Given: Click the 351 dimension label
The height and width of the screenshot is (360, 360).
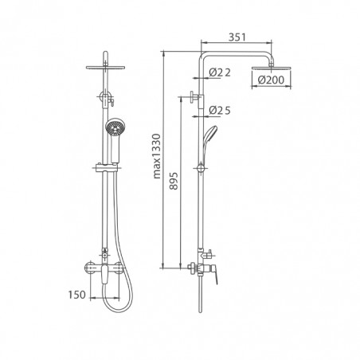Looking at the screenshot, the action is coord(237,37).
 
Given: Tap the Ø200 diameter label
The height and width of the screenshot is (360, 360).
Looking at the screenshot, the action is coord(271,80).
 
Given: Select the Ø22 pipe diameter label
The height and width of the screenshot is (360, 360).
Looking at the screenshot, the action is coord(220,72).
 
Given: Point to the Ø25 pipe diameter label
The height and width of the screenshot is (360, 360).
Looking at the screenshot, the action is coord(220,111).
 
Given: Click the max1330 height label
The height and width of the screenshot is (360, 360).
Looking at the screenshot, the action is coord(157,156).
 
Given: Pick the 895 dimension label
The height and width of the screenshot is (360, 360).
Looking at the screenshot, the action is coord(174,181).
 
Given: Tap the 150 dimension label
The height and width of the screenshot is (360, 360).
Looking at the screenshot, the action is coord(77,295).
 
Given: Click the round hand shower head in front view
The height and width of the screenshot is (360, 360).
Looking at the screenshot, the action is coord(115,127).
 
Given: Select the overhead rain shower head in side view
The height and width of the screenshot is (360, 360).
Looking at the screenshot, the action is coord(271,68).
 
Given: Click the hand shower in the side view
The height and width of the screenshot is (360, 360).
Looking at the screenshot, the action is coord(209,143).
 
